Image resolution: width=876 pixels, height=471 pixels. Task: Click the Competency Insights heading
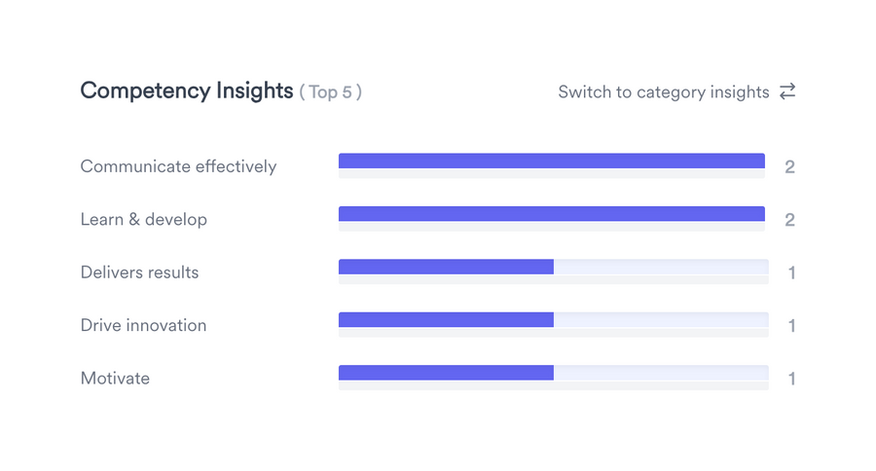[x=186, y=91]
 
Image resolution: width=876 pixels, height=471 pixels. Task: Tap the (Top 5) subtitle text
[x=330, y=93]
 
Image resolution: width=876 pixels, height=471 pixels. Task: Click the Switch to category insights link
[x=663, y=92]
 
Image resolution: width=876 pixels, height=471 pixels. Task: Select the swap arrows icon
[x=787, y=91]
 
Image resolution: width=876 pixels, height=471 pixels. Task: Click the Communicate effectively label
[x=178, y=166]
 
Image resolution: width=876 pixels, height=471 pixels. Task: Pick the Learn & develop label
[x=143, y=220]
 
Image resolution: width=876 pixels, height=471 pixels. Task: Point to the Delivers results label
[x=139, y=272]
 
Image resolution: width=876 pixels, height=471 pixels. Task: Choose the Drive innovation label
[x=143, y=325]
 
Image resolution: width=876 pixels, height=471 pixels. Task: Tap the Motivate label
[x=115, y=379]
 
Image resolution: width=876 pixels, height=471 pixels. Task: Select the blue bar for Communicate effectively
[x=551, y=162]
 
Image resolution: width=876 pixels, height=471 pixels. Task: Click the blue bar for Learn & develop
[x=551, y=214]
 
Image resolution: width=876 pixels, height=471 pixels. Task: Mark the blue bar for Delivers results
[x=446, y=267]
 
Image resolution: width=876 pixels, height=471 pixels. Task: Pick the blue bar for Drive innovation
[x=446, y=319]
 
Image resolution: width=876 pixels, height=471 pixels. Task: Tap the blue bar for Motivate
[x=446, y=373]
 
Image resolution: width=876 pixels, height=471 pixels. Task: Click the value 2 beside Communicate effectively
[x=789, y=167]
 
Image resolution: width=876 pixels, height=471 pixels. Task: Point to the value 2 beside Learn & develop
[x=789, y=220]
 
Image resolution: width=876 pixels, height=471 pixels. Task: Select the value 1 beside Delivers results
[x=791, y=273]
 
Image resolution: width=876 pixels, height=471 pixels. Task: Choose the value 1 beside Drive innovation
[x=791, y=326]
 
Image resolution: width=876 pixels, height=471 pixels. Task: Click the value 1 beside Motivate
[x=791, y=379]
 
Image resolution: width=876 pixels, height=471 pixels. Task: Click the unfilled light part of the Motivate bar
[x=661, y=373]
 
